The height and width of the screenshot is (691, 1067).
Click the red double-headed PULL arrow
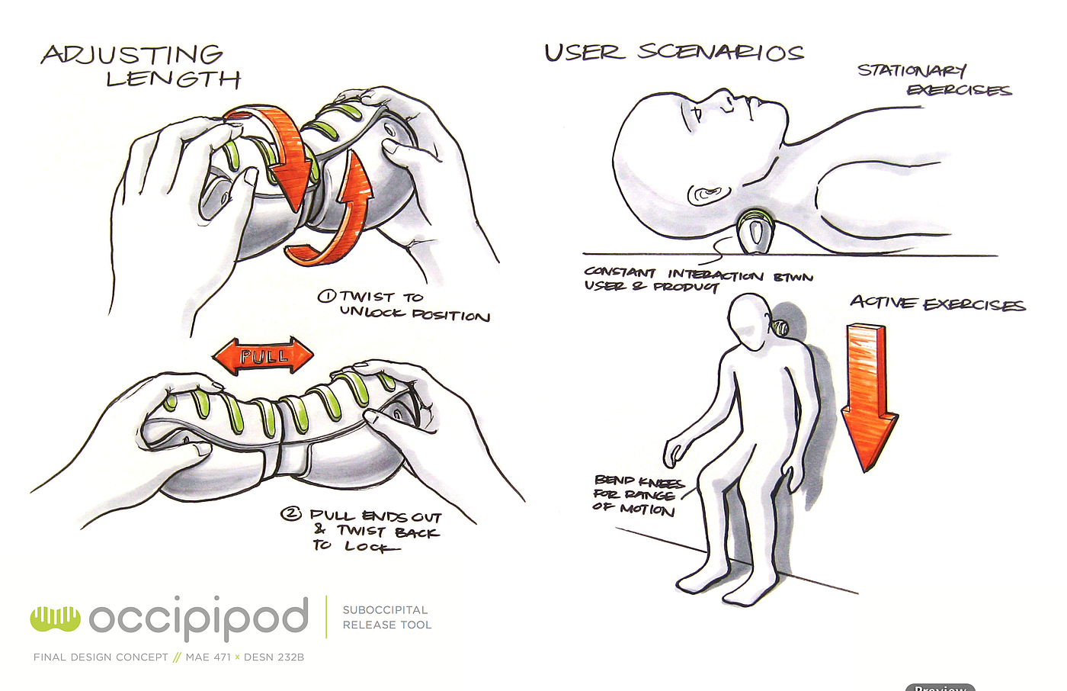(263, 356)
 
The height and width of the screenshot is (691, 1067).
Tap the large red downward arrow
(869, 393)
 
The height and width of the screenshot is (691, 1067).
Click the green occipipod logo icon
(55, 619)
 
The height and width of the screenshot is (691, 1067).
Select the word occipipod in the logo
(199, 617)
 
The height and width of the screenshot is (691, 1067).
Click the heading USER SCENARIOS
(674, 52)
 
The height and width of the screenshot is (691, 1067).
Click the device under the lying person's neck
(754, 233)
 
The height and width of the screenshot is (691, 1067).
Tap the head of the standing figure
(751, 321)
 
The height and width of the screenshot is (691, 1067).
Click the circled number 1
(326, 296)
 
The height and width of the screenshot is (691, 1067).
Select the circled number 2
(291, 514)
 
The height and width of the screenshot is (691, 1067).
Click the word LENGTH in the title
(173, 79)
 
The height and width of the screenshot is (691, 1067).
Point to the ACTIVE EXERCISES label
(937, 304)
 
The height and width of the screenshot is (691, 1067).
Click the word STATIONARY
(912, 70)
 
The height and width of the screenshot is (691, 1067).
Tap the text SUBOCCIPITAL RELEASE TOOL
(386, 618)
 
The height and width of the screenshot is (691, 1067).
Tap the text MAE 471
(207, 657)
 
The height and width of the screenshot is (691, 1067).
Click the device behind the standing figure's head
(780, 328)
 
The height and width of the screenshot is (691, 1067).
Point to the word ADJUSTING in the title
(132, 55)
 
